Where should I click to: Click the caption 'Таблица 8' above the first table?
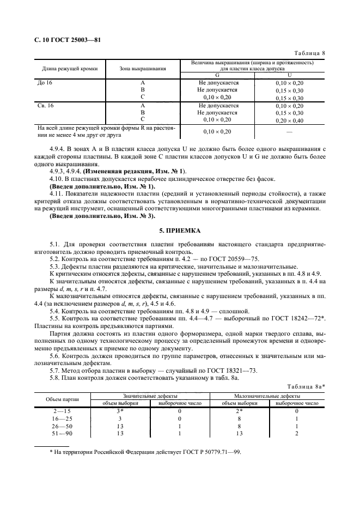pos(309,53)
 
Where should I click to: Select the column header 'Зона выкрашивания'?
pos(142,69)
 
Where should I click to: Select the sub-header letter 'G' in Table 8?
pos(218,75)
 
